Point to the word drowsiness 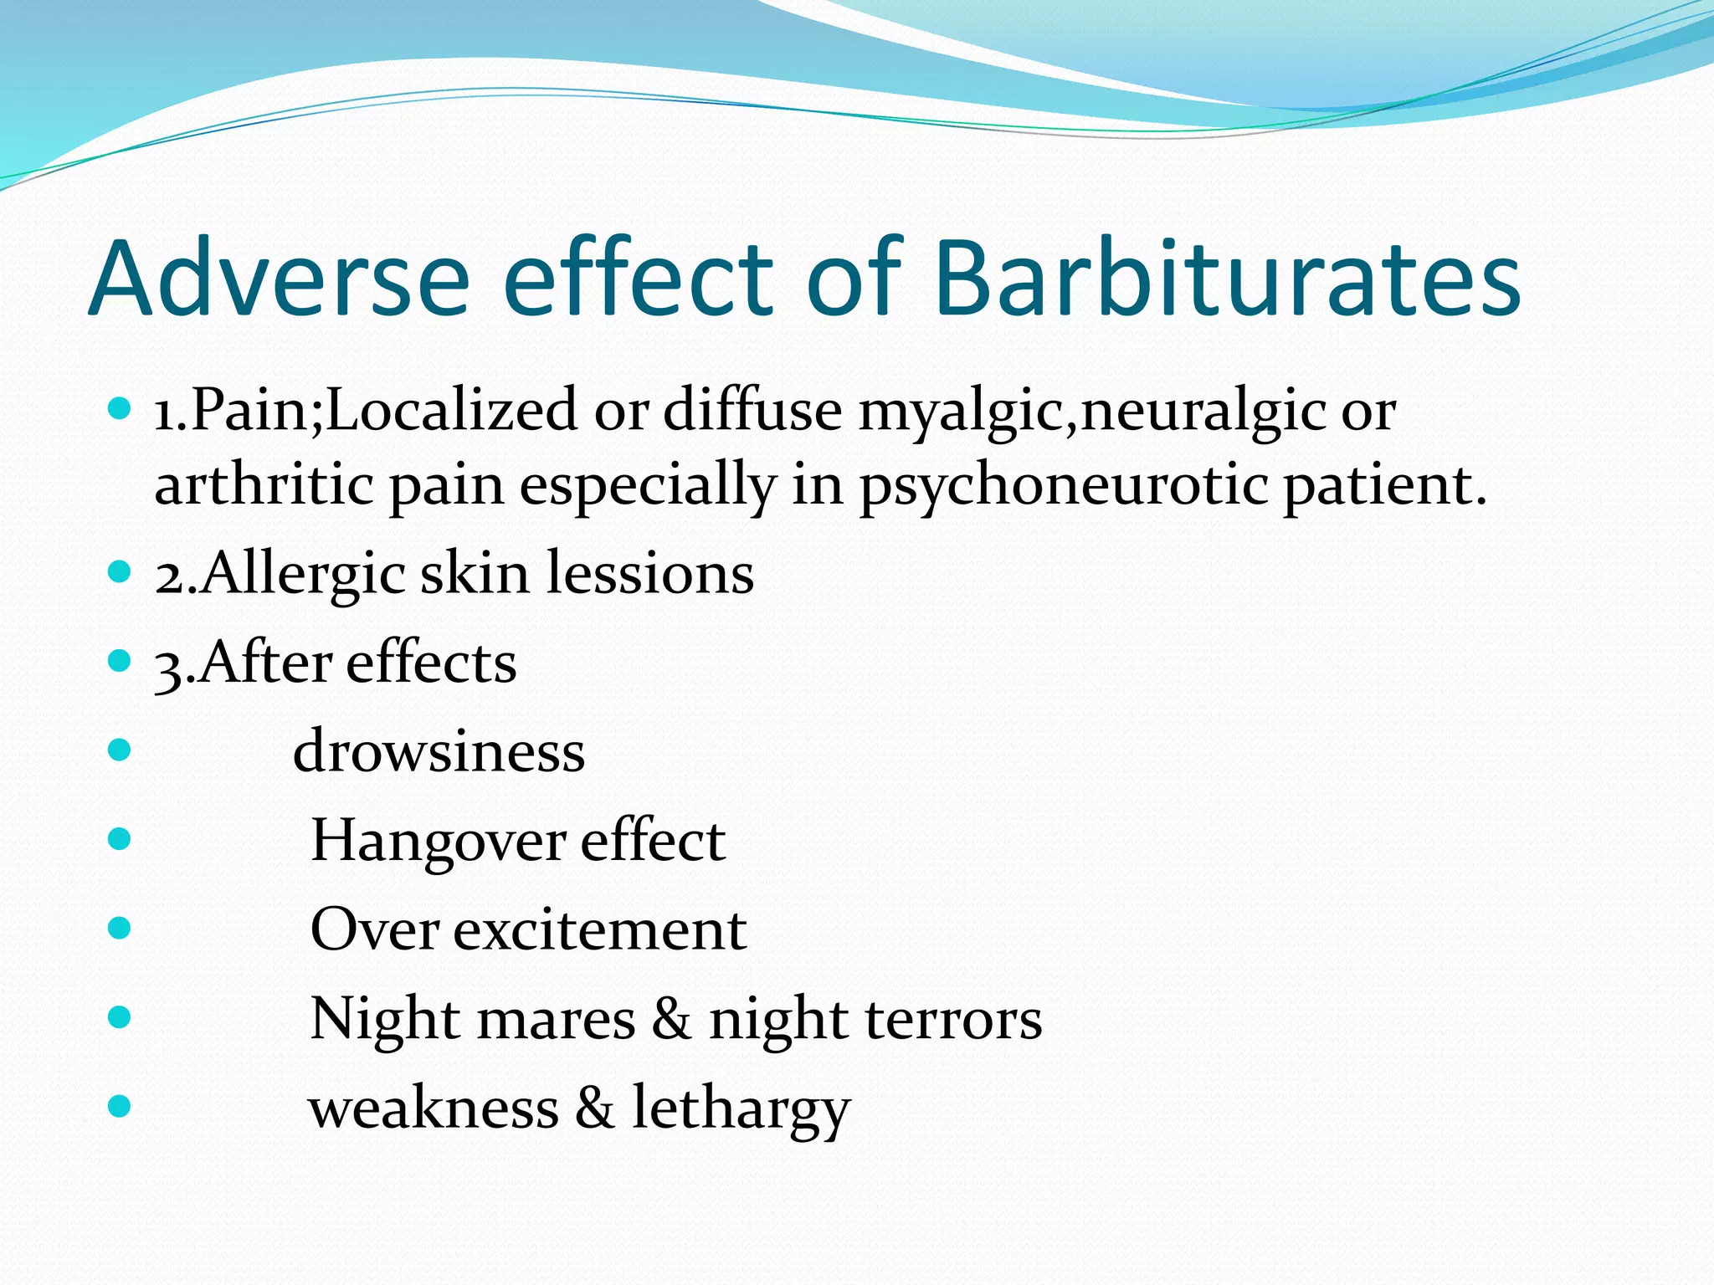pos(439,751)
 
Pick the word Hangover pos(437,842)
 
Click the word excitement pos(599,930)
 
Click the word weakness pos(434,1108)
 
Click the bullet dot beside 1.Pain pos(121,409)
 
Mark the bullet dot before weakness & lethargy pos(121,1106)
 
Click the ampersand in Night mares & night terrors pos(672,1020)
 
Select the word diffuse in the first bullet pos(752,411)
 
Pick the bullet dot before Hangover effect pos(121,838)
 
